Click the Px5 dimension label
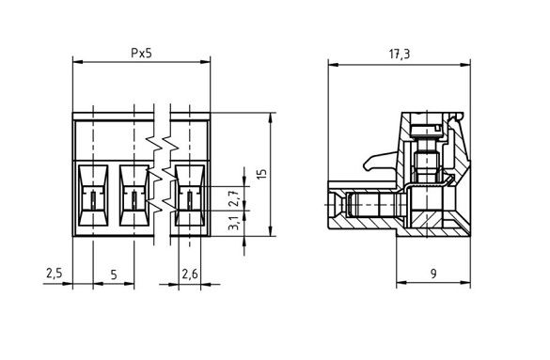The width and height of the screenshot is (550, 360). click(x=141, y=54)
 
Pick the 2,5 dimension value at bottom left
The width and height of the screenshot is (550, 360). click(x=54, y=274)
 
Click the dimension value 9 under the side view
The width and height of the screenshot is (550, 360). click(x=432, y=274)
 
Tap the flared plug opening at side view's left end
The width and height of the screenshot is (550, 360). click(x=336, y=204)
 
